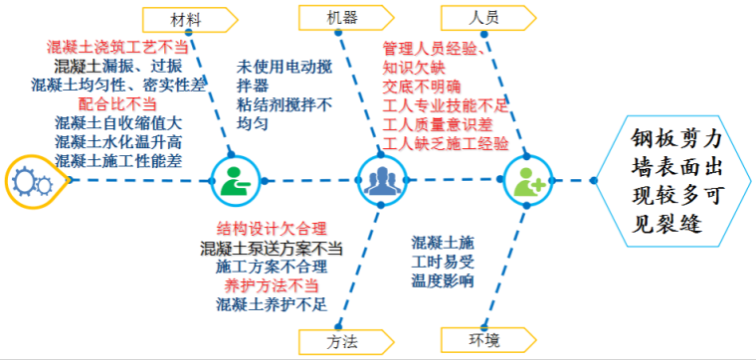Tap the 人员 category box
pyautogui.click(x=482, y=18)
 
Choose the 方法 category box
pyautogui.click(x=341, y=340)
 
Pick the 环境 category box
pyautogui.click(x=482, y=340)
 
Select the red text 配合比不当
pyautogui.click(x=117, y=103)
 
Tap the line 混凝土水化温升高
pyautogui.click(x=118, y=141)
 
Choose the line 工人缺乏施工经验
pyautogui.click(x=446, y=143)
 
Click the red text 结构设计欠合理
pyautogui.click(x=272, y=229)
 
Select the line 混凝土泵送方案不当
pyautogui.click(x=271, y=248)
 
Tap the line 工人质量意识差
pyautogui.click(x=438, y=124)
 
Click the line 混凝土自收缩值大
pyautogui.click(x=118, y=122)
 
